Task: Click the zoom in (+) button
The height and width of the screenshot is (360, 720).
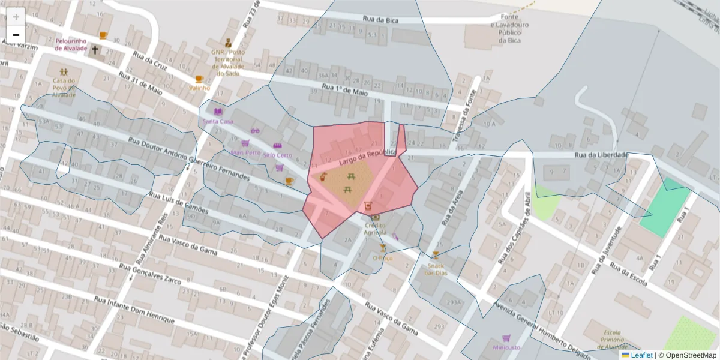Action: point(16,16)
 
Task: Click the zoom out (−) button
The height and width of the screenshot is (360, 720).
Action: point(16,35)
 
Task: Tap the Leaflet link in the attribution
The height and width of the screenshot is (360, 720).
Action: point(641,355)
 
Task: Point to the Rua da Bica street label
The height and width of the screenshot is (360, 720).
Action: point(380,20)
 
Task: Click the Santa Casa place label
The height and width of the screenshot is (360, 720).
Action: point(217,121)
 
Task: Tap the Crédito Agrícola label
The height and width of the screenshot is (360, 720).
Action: point(375,228)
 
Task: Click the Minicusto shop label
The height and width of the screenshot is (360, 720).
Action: point(506,347)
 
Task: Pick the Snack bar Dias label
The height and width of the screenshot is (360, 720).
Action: point(436,269)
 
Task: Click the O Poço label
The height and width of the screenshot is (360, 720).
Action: point(382,258)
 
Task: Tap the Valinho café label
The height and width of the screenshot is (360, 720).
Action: point(200,88)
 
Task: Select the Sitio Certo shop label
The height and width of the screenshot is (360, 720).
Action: point(277,155)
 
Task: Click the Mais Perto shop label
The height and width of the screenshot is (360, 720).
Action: point(245,152)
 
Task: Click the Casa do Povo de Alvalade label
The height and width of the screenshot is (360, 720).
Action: point(63,88)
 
